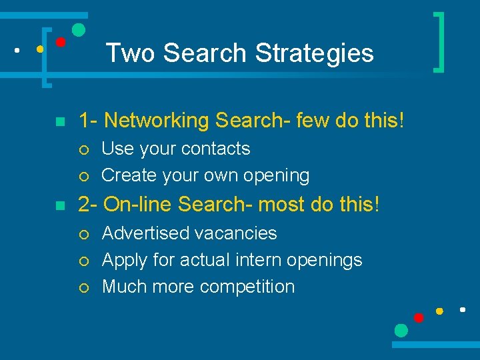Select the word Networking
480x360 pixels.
157,121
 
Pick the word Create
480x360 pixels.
127,175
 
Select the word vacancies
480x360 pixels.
239,233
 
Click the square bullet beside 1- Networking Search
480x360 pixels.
59,122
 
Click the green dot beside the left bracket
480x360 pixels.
78,29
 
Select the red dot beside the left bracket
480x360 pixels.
60,42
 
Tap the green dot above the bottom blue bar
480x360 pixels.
401,330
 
